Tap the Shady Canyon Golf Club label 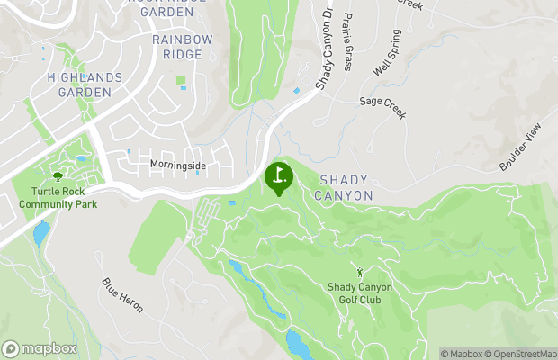coord(360,293)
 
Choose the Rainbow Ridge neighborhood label coord(183,47)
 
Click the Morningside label coord(178,166)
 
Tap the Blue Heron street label coord(122,295)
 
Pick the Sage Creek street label coord(383,109)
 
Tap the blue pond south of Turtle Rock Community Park coord(41,234)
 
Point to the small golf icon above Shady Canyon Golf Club coord(360,272)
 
